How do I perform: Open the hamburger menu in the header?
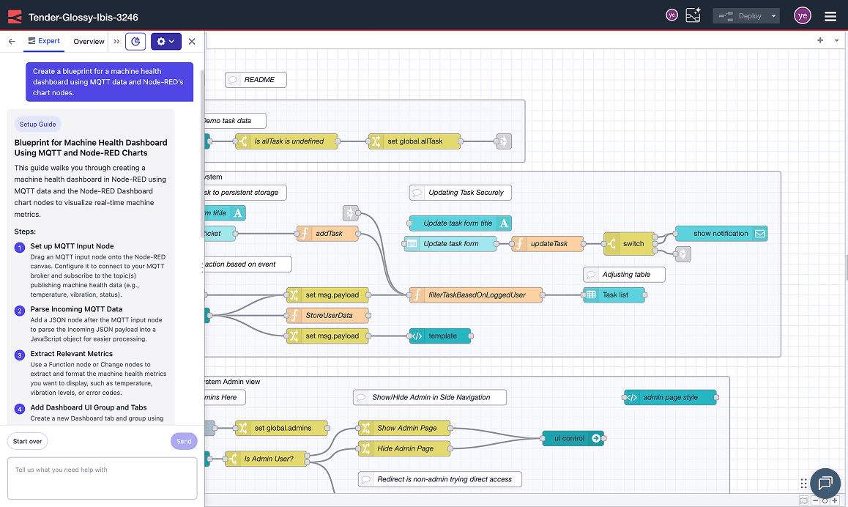click(830, 16)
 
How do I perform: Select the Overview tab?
click(89, 42)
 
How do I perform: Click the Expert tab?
click(43, 41)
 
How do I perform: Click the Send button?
click(184, 441)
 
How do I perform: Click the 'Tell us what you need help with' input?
click(102, 478)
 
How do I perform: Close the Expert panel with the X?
click(192, 42)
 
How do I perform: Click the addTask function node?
click(329, 234)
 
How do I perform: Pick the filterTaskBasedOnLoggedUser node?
click(477, 295)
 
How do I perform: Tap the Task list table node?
click(615, 295)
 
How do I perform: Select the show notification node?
click(721, 234)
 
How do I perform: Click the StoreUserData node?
click(328, 316)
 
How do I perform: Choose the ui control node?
click(573, 438)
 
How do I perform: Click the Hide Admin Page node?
click(404, 448)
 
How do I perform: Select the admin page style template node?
click(669, 398)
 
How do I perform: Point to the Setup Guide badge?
click(38, 125)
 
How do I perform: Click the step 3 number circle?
click(21, 355)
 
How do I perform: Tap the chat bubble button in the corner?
click(825, 483)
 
